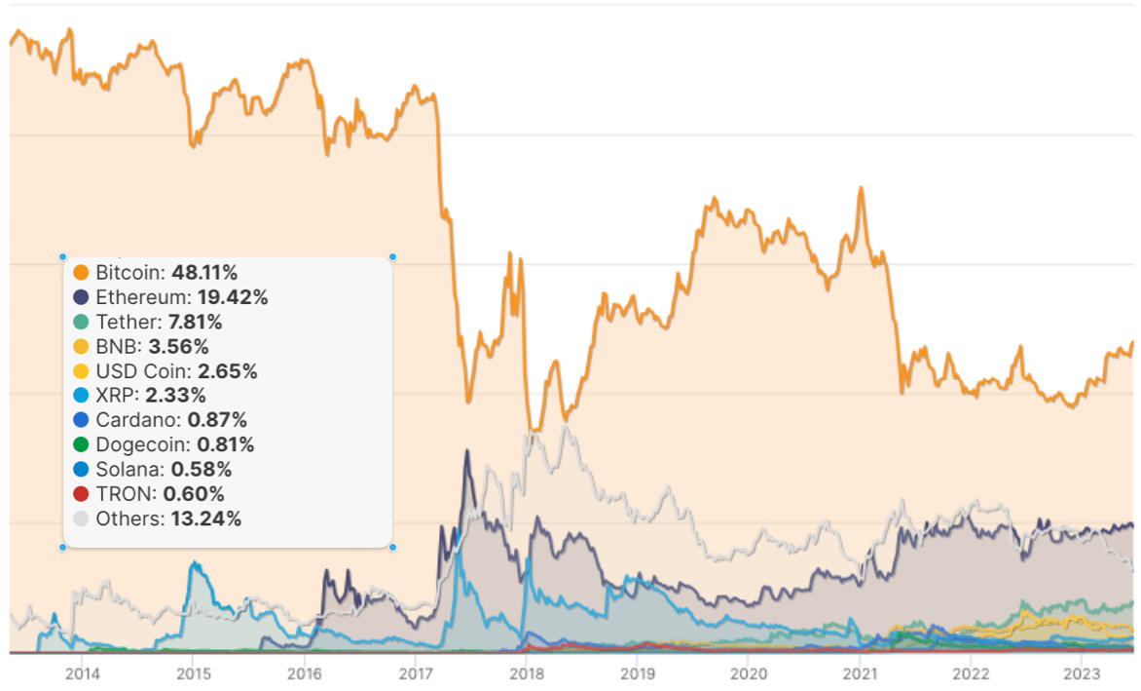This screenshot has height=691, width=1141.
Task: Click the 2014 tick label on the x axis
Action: click(82, 673)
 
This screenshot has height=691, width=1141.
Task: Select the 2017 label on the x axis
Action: click(416, 673)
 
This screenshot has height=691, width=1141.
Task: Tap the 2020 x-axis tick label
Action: click(748, 673)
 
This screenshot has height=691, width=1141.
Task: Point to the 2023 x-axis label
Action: click(1081, 673)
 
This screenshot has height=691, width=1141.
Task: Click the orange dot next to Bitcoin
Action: click(81, 273)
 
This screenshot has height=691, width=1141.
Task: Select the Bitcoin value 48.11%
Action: click(204, 273)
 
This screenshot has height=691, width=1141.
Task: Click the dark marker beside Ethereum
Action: click(81, 297)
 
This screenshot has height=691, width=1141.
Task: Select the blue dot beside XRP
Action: click(81, 396)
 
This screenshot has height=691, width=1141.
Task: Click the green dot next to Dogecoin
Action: click(81, 444)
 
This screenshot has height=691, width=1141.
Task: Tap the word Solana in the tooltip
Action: click(123, 470)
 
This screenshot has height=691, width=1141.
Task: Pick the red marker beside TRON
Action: click(81, 494)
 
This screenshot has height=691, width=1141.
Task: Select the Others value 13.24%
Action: click(205, 518)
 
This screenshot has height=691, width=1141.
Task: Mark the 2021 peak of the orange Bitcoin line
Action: click(861, 188)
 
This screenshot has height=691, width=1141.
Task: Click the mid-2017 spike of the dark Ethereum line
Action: click(467, 451)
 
